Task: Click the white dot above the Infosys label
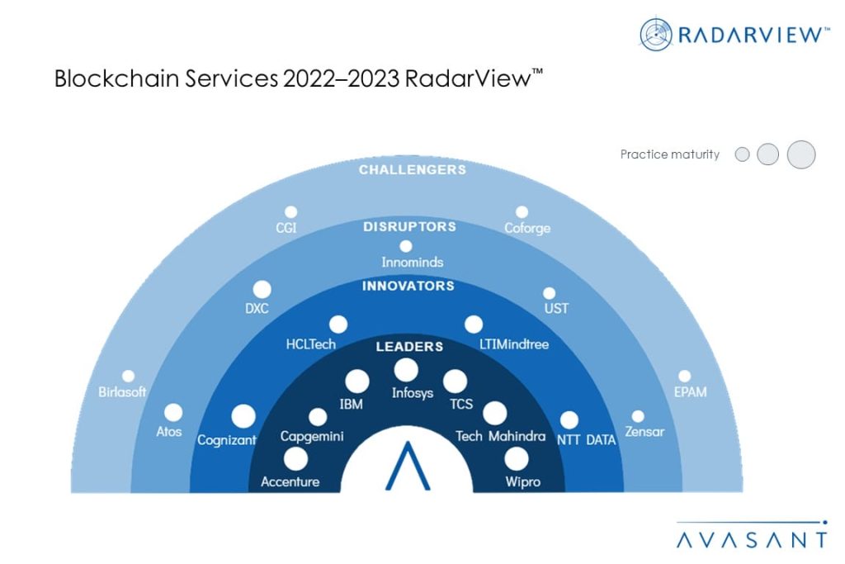[406, 370]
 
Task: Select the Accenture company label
[290, 481]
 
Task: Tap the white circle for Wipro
[517, 459]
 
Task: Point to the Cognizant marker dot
[243, 416]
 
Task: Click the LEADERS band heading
[409, 346]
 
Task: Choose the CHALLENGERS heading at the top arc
[413, 170]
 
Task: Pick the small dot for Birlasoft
[128, 376]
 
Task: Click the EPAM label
[691, 392]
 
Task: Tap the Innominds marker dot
[406, 246]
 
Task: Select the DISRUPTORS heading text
[409, 226]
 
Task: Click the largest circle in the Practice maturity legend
[800, 154]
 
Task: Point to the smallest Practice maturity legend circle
[742, 154]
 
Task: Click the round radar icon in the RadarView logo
[656, 35]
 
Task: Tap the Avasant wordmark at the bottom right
[752, 540]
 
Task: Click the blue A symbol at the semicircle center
[408, 466]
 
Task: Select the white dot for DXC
[262, 290]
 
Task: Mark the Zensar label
[644, 431]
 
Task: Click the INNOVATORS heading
[408, 286]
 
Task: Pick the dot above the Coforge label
[522, 212]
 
